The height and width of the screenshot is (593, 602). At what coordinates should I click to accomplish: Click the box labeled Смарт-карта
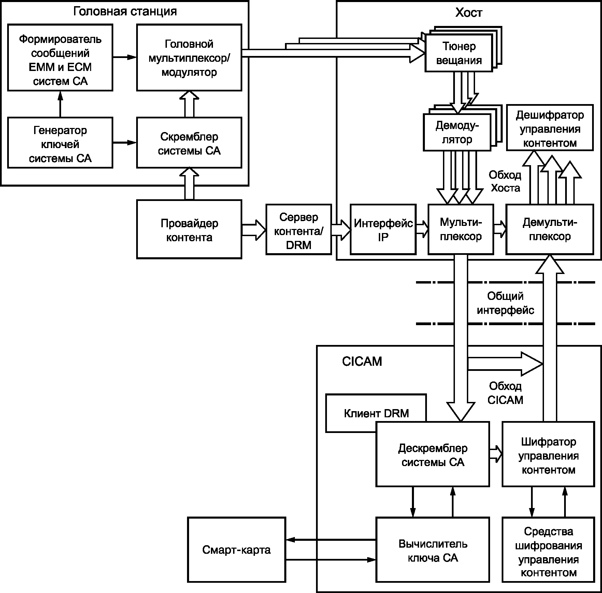236,550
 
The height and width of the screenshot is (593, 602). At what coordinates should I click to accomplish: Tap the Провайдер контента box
189,229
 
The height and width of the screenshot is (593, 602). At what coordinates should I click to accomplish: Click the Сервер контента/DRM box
299,229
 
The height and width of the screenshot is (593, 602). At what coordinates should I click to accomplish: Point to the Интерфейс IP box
383,229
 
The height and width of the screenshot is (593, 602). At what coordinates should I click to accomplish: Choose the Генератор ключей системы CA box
60,143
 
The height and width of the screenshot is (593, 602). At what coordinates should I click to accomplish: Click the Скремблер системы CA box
189,143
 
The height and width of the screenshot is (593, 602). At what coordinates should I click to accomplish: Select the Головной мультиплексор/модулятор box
189,57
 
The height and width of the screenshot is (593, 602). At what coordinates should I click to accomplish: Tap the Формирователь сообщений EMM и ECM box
60,57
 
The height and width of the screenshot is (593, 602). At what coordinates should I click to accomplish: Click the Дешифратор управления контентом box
549,128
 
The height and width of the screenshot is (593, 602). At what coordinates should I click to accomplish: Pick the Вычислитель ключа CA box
433,550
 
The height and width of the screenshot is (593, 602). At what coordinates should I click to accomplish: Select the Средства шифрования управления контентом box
548,550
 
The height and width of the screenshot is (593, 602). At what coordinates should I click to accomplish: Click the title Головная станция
125,11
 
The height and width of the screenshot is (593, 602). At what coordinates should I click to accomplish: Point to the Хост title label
469,13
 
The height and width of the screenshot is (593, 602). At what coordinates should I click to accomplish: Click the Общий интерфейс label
505,303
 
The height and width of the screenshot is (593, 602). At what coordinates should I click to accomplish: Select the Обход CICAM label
505,393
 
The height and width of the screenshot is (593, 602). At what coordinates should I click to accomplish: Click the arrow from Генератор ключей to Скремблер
125,143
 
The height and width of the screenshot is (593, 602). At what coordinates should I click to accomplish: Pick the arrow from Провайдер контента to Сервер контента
254,230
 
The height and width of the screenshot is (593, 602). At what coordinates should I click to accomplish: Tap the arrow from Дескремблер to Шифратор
496,454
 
